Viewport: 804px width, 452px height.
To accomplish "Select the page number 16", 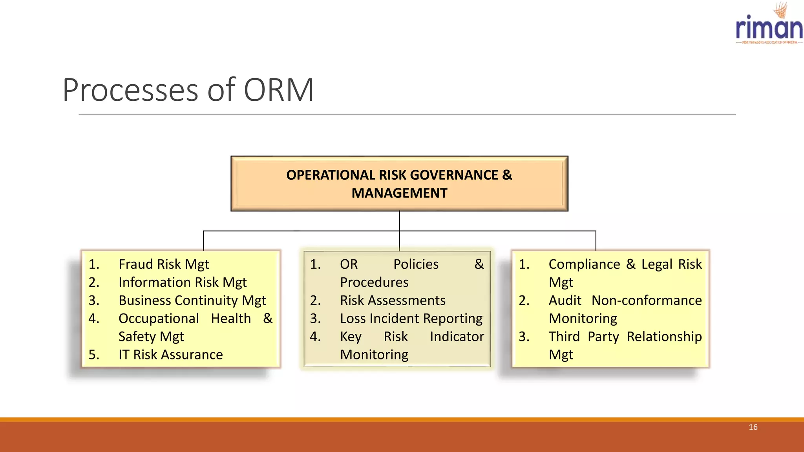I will click(753, 427).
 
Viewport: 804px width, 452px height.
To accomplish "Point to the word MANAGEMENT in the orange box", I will click(399, 193).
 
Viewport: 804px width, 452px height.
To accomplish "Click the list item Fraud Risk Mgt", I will click(163, 264).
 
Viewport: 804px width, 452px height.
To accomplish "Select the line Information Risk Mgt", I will click(183, 282).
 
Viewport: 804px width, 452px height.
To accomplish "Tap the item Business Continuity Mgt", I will click(192, 301).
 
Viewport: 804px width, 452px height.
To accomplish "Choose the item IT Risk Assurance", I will click(170, 355).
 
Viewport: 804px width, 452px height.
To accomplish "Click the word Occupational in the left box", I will click(158, 319).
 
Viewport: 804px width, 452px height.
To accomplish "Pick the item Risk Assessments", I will click(393, 301).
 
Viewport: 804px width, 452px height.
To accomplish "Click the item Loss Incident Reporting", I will click(411, 319).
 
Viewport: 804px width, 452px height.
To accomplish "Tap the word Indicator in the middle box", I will click(457, 337).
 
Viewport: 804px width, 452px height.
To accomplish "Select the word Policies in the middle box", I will click(416, 264).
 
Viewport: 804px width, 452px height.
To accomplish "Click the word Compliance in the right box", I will click(584, 264).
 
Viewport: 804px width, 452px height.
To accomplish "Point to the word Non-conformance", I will click(646, 301).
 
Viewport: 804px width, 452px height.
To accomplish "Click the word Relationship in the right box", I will click(664, 337).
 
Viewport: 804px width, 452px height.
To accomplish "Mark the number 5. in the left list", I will click(94, 355).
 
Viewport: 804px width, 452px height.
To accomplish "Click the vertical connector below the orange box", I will click(399, 221).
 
